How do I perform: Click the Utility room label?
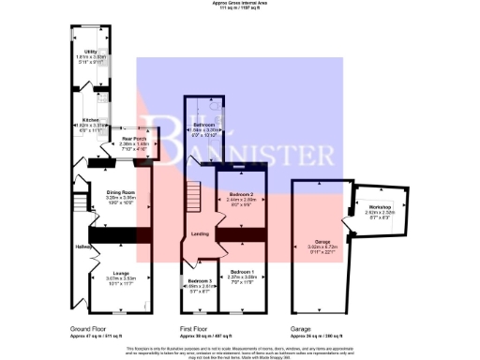(91, 52)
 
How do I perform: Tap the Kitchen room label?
(90, 121)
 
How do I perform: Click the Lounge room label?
(114, 273)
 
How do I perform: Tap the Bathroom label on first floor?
(204, 125)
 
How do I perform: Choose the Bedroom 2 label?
(241, 195)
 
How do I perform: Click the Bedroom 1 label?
(241, 272)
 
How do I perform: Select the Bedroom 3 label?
(199, 281)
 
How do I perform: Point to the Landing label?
(200, 234)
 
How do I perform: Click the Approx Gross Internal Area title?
(239, 5)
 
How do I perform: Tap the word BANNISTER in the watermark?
(281, 152)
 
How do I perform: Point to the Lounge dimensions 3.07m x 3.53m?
(114, 278)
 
